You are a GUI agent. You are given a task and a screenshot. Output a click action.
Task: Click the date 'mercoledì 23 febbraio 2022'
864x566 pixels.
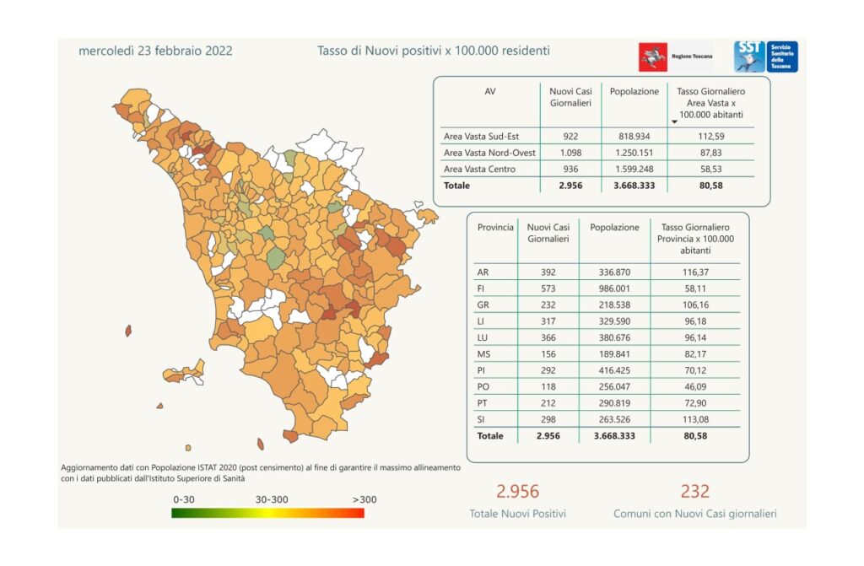click(155, 51)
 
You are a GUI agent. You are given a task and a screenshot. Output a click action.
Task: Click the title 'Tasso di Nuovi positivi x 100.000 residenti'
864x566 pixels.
click(433, 51)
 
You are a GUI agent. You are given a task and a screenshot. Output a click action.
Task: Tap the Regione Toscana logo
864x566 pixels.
click(674, 57)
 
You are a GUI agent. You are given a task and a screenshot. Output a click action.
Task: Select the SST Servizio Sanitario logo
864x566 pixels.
click(764, 57)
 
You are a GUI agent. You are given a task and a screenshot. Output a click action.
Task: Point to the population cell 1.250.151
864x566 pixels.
click(634, 152)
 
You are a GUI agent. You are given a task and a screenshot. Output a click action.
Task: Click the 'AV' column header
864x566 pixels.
click(490, 91)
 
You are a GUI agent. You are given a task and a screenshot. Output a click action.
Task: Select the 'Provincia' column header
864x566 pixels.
click(495, 228)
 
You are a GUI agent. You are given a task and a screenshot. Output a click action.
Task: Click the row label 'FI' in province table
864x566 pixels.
click(483, 288)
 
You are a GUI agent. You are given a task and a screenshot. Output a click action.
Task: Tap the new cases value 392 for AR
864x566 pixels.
click(548, 272)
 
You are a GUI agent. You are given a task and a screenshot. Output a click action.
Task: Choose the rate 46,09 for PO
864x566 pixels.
click(696, 386)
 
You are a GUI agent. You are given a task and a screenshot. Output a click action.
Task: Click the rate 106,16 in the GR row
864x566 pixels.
click(696, 305)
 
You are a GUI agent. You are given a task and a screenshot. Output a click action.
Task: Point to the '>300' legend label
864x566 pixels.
click(364, 499)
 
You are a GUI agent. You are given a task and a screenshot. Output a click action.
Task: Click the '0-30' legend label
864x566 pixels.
click(184, 499)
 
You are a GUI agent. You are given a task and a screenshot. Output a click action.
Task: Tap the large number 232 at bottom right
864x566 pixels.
click(694, 491)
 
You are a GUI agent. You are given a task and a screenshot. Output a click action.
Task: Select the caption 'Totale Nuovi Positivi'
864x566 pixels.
click(517, 513)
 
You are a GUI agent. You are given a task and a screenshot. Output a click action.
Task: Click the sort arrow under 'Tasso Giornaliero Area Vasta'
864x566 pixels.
click(674, 122)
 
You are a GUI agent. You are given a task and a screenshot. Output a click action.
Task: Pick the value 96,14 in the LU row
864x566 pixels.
click(696, 337)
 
